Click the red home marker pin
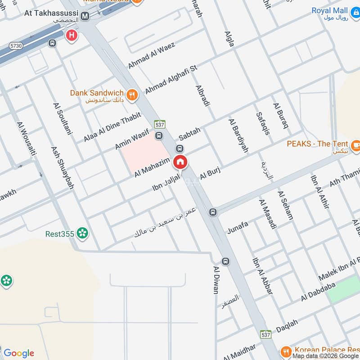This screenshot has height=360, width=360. [x=180, y=162]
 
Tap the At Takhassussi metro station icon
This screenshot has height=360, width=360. [x=85, y=16]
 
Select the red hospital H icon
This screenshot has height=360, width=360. [x=71, y=35]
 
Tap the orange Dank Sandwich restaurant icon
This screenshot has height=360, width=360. [x=132, y=94]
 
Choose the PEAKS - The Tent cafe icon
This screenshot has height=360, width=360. [x=355, y=144]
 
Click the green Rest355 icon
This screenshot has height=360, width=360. [x=82, y=233]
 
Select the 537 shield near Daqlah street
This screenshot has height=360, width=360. [x=265, y=335]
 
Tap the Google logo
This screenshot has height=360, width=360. [x=18, y=353]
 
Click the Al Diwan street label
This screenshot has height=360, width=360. [x=216, y=279]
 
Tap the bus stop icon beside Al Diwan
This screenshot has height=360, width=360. [x=225, y=261]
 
